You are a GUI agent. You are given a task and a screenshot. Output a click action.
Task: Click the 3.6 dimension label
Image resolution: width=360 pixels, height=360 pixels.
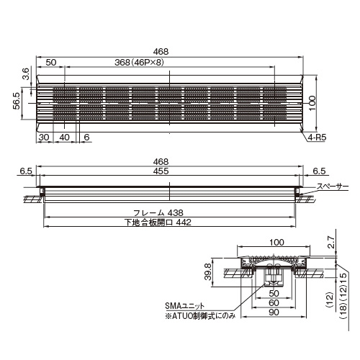26,74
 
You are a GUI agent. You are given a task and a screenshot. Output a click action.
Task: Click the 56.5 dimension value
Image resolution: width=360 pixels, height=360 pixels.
17,102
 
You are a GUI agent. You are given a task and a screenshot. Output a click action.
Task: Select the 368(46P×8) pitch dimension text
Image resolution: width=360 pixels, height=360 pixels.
139,63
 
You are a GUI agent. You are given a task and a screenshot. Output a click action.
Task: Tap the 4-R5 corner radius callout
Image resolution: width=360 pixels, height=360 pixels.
317,138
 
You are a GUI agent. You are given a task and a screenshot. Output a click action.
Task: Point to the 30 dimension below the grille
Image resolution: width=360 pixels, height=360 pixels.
44,138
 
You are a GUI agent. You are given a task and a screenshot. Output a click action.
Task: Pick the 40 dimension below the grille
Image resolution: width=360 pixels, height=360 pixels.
64,138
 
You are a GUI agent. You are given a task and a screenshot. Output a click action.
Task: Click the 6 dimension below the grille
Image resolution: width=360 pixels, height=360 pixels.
86,138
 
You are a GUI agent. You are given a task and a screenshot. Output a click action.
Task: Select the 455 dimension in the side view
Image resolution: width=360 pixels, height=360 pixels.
161,171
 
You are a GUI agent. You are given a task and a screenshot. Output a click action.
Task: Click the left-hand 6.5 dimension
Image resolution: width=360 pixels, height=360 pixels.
26,171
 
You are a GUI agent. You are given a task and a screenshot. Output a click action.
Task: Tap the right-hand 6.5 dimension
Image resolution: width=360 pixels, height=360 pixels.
320,171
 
